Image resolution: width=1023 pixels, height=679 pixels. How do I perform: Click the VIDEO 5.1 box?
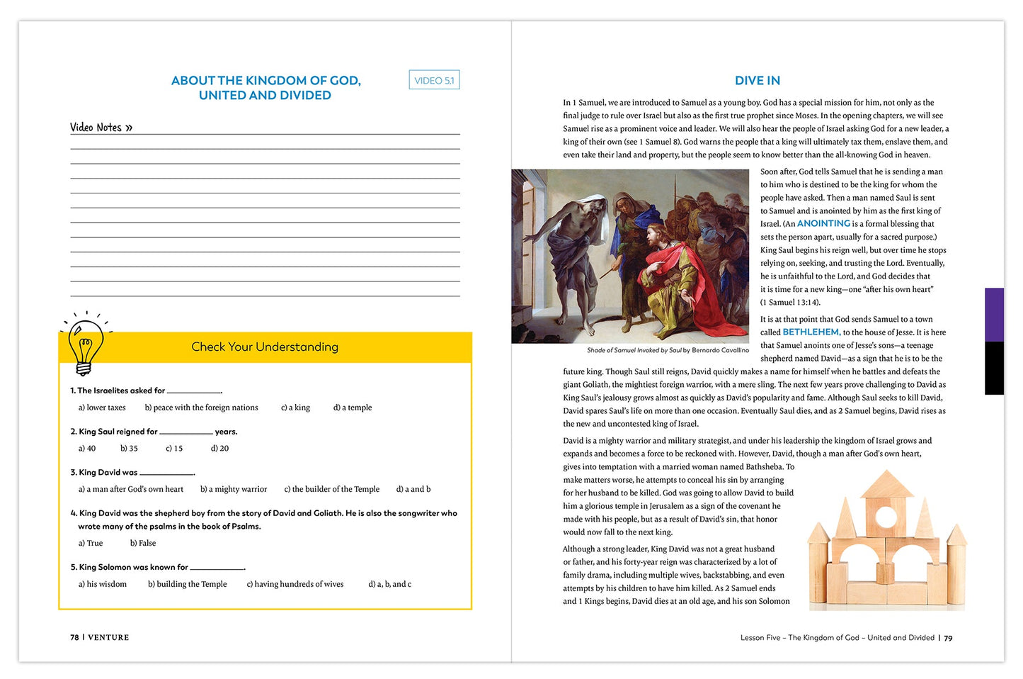click(434, 80)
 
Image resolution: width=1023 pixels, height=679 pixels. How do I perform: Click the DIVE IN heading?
click(757, 81)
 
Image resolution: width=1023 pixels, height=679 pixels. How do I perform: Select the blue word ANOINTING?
click(823, 223)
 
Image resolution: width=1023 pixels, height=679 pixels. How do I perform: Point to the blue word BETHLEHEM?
click(811, 332)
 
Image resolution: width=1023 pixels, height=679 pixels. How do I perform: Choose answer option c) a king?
click(295, 408)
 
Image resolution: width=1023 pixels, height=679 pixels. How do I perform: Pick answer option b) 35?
click(129, 449)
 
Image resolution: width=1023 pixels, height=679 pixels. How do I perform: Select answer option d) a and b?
click(413, 489)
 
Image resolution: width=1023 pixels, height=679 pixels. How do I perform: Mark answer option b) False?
click(143, 543)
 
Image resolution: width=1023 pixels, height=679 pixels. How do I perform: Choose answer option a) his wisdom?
click(103, 584)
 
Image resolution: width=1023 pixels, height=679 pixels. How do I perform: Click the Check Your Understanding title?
click(265, 347)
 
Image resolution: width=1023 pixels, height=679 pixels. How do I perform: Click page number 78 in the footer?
click(74, 637)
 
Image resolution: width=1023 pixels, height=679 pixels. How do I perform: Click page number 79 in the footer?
click(948, 638)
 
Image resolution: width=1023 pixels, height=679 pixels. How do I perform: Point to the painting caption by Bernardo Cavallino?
click(668, 350)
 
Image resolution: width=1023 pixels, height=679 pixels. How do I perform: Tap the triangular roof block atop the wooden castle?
click(887, 484)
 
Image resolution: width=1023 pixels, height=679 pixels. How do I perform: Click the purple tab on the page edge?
click(994, 315)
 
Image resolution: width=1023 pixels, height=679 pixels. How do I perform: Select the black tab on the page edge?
click(994, 368)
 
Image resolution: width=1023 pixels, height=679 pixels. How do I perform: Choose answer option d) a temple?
click(353, 408)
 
